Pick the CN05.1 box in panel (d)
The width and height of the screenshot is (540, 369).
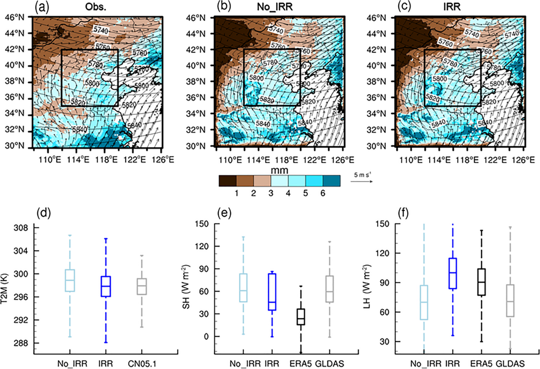(x=142, y=287)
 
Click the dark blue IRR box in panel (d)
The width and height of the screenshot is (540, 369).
(x=106, y=286)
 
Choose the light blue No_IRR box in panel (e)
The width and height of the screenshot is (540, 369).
(x=243, y=287)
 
